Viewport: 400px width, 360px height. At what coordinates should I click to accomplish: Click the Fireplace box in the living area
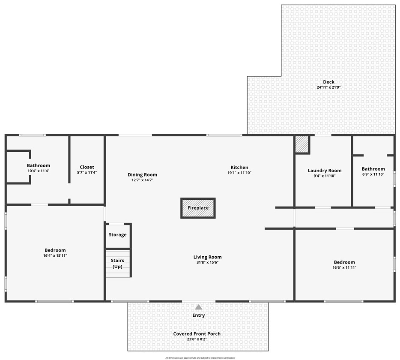click(x=198, y=208)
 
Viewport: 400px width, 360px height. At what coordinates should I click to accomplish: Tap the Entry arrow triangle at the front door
click(x=198, y=307)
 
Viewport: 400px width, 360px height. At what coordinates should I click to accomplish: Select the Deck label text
click(x=328, y=82)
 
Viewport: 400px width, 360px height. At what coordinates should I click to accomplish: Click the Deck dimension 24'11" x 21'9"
click(x=328, y=87)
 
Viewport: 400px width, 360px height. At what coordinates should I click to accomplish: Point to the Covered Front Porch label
click(x=197, y=333)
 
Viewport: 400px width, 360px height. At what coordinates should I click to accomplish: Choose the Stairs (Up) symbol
click(x=117, y=263)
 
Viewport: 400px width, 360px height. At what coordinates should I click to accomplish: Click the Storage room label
click(x=117, y=235)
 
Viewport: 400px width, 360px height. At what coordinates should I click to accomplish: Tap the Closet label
click(x=87, y=167)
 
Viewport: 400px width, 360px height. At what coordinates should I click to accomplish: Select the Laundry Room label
click(x=324, y=171)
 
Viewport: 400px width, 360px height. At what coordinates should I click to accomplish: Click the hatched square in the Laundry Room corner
click(x=302, y=144)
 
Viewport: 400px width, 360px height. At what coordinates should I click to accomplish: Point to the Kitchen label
click(x=239, y=168)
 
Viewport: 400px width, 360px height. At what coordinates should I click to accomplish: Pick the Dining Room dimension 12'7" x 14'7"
click(x=142, y=180)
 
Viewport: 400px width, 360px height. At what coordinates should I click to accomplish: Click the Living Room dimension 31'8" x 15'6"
click(x=207, y=263)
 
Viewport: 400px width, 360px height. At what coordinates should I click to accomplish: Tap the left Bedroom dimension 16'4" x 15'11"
click(x=55, y=255)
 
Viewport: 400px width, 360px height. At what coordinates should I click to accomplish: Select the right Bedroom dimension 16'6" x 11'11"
click(x=344, y=267)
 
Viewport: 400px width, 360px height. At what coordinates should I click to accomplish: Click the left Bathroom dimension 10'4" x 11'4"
click(x=39, y=171)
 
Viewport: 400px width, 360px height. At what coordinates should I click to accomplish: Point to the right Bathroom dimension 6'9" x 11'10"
click(x=373, y=174)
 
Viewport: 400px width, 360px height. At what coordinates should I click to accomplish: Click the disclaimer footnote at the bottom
click(x=200, y=358)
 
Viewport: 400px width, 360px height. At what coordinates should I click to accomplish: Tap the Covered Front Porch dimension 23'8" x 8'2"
click(x=197, y=339)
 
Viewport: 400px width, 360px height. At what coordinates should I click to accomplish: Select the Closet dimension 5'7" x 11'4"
click(x=87, y=173)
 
